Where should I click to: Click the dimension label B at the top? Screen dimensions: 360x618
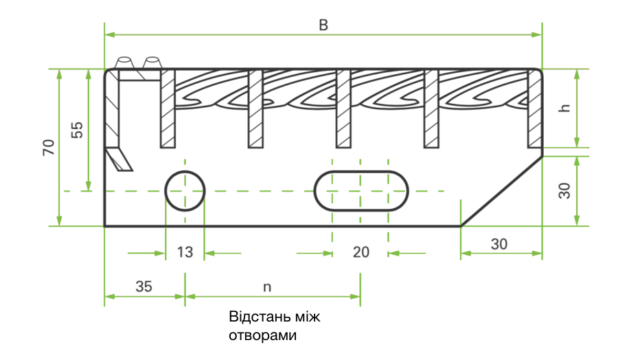coord(323,25)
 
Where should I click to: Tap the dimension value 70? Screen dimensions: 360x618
coord(49,147)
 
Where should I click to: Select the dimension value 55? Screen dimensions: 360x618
coord(77,130)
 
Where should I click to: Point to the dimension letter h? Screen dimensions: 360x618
coord(564,108)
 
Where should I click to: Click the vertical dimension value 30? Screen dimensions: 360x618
coord(564,190)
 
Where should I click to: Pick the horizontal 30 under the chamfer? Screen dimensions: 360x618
coord(500,243)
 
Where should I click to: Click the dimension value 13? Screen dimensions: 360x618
coord(185,252)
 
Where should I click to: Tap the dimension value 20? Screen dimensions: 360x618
coord(360,252)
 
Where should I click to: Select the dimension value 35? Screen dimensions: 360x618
coord(144,286)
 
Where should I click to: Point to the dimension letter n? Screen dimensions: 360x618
coord(268,287)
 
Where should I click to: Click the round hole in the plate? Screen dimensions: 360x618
coord(185,190)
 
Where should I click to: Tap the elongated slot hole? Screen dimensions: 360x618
coord(361,190)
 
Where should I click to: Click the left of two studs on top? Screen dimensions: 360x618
coord(125,63)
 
